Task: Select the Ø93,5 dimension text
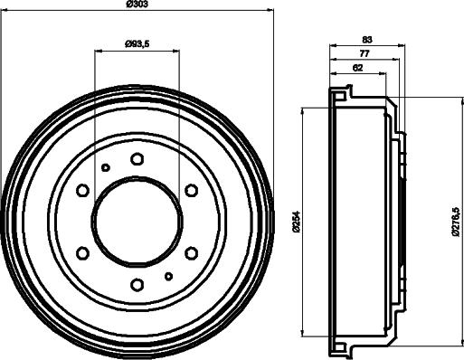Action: pyautogui.click(x=137, y=43)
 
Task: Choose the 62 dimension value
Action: pyautogui.click(x=359, y=68)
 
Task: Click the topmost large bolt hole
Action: pyautogui.click(x=137, y=159)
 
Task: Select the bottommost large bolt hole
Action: pyautogui.click(x=137, y=285)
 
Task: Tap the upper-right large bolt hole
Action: pyautogui.click(x=191, y=191)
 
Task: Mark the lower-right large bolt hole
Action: pyautogui.click(x=191, y=253)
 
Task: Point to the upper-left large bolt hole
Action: pyautogui.click(x=82, y=191)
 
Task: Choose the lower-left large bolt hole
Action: pyautogui.click(x=82, y=253)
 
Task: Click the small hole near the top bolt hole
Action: pyautogui.click(x=106, y=167)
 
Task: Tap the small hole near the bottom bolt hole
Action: pyautogui.click(x=168, y=276)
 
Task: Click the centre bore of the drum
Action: pyautogui.click(x=137, y=222)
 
